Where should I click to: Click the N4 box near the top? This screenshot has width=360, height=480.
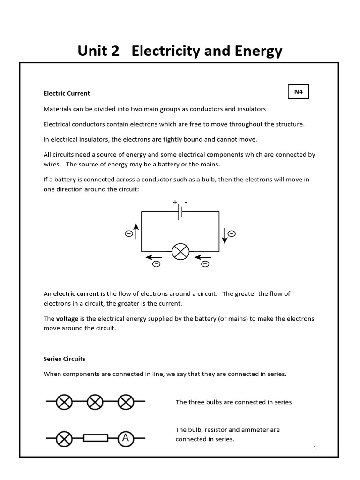click(299, 92)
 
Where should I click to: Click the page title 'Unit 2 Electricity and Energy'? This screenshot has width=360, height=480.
click(180, 51)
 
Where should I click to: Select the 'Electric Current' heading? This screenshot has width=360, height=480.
click(67, 93)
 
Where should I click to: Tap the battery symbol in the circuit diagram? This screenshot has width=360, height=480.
click(180, 212)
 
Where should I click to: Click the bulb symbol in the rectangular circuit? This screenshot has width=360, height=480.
click(180, 252)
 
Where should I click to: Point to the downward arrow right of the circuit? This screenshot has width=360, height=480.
click(225, 235)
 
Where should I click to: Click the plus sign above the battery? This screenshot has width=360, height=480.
click(175, 202)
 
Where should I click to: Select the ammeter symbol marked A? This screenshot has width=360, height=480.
click(125, 438)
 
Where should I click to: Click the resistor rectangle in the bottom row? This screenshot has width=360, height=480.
click(96, 438)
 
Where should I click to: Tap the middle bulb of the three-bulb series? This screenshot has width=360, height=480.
click(95, 401)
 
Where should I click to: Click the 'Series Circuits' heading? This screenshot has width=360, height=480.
click(65, 359)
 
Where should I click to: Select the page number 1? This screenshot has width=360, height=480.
click(315, 448)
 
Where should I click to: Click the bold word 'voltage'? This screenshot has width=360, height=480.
click(67, 319)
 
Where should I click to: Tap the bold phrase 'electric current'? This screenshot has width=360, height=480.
click(76, 294)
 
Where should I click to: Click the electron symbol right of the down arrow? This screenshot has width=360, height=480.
click(232, 233)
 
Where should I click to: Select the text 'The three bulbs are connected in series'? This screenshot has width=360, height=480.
click(233, 402)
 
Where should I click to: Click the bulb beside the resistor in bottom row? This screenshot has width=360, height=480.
click(65, 438)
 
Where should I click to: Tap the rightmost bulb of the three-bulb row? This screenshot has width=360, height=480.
click(126, 401)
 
